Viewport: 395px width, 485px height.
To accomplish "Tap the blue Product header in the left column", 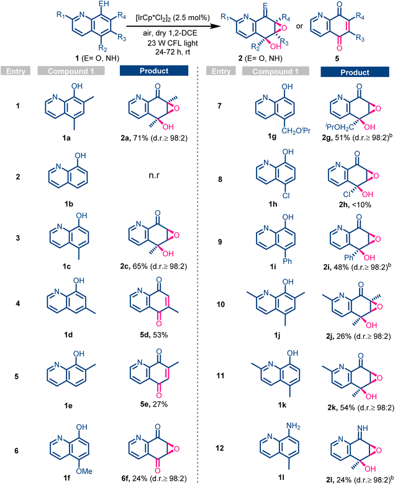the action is pos(154,70).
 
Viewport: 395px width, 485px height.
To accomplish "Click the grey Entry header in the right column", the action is pos(221,71).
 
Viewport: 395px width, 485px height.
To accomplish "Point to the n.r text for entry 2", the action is pos(154,175).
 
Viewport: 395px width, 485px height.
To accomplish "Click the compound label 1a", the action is pos(66,138).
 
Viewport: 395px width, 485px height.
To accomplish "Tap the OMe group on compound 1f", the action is pos(84,471).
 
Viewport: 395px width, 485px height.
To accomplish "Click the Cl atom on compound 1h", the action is pos(286,195).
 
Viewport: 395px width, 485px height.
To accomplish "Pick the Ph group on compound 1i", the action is pos(287,261).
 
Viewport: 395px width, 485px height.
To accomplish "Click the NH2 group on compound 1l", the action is pos(293,426).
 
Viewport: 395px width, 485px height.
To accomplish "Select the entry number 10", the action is pos(220,304).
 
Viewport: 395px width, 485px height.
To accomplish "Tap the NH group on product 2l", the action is pos(362,428).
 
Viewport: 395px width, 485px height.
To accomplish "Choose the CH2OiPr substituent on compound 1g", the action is pos(296,131).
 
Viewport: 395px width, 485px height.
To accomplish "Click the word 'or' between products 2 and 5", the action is pos(299,26).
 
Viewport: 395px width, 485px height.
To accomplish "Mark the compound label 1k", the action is pos(282,405).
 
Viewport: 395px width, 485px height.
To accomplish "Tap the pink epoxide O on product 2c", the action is pos(176,236).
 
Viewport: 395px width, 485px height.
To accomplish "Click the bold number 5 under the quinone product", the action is pos(337,58).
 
